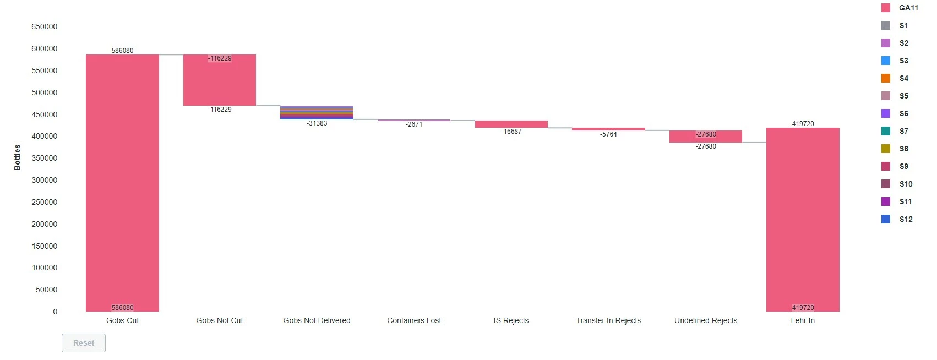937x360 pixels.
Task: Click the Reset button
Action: tap(84, 343)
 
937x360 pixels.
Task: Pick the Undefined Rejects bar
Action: tap(706, 137)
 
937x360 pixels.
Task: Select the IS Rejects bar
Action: tap(511, 124)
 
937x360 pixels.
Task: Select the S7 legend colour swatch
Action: tap(886, 131)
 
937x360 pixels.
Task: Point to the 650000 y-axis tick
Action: tap(44, 26)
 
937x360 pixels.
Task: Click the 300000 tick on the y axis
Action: tap(44, 180)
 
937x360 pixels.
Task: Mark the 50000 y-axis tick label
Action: tap(46, 290)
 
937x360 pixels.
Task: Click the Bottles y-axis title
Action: tap(17, 157)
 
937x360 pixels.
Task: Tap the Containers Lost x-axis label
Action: tap(414, 320)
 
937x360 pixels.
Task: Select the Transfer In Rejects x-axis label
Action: tap(608, 320)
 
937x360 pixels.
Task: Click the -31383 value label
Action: tap(317, 123)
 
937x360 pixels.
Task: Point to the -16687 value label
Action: tap(511, 132)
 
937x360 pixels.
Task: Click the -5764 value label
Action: tap(608, 134)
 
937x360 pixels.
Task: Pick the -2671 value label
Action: tap(414, 124)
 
